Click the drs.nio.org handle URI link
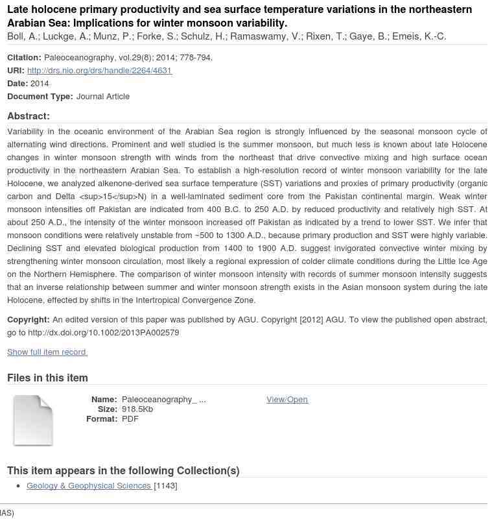pyautogui.click(x=99, y=71)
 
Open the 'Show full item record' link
pyautogui.click(x=47, y=352)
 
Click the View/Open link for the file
pyautogui.click(x=287, y=400)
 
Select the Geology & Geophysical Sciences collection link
pyautogui.click(x=89, y=486)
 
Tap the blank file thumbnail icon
pyautogui.click(x=33, y=420)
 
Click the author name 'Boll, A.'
pyautogui.click(x=22, y=36)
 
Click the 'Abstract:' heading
pyautogui.click(x=29, y=116)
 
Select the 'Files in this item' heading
pyautogui.click(x=47, y=378)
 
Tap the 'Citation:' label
pyautogui.click(x=24, y=58)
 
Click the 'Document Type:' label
pyautogui.click(x=40, y=97)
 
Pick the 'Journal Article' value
pyautogui.click(x=103, y=97)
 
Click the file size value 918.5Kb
pyautogui.click(x=137, y=409)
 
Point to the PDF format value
pyautogui.click(x=130, y=419)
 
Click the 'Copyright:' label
pyautogui.click(x=29, y=320)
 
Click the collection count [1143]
pyautogui.click(x=165, y=486)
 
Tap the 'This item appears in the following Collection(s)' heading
pyautogui.click(x=123, y=471)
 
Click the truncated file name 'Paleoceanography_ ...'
pyautogui.click(x=163, y=400)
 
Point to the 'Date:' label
pyautogui.click(x=18, y=84)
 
